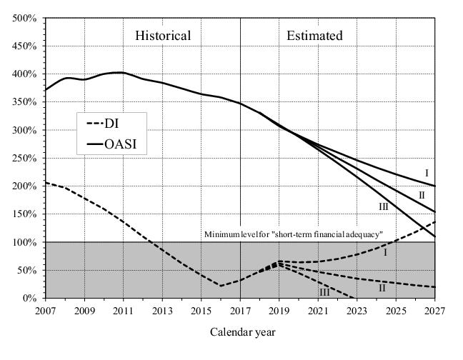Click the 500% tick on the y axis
(x=26, y=18)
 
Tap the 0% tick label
(x=31, y=298)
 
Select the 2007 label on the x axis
(x=46, y=311)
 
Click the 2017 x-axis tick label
(x=240, y=311)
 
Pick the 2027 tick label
(x=434, y=311)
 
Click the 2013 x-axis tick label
(x=162, y=311)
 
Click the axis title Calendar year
(x=242, y=332)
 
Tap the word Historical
(x=163, y=36)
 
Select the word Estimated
(x=314, y=36)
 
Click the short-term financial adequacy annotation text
(x=294, y=234)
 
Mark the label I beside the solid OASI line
(x=427, y=173)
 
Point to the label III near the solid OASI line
(x=384, y=206)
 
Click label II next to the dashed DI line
(x=382, y=287)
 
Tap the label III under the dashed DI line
(x=324, y=291)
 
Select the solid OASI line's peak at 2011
(x=123, y=72)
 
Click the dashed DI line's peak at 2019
(x=279, y=262)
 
